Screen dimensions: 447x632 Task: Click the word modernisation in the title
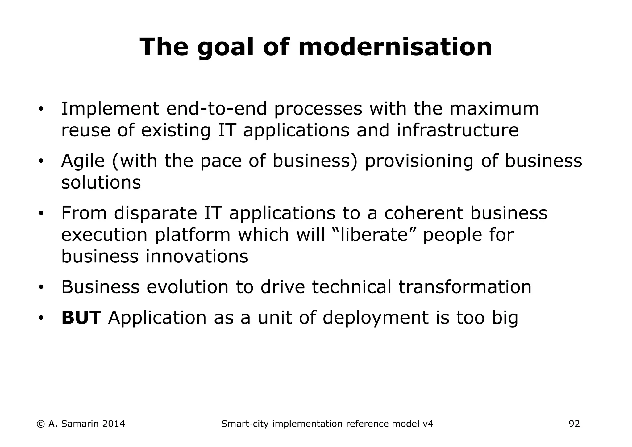(x=395, y=47)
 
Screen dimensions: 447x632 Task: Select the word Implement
(x=110, y=109)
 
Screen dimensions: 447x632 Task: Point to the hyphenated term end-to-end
(x=216, y=109)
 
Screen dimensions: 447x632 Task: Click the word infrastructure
(x=457, y=130)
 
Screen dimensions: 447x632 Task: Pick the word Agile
(x=83, y=161)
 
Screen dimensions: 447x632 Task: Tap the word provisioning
(x=419, y=161)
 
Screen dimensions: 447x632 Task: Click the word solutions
(x=101, y=182)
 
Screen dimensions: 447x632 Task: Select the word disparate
(x=155, y=213)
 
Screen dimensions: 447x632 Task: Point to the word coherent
(x=423, y=213)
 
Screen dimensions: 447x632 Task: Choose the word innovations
(x=197, y=256)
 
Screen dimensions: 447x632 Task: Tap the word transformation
(x=465, y=287)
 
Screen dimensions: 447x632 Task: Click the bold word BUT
(x=81, y=318)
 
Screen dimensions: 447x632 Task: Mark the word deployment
(x=376, y=318)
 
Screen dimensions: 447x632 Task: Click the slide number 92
(x=574, y=424)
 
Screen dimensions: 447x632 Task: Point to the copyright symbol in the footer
(x=40, y=424)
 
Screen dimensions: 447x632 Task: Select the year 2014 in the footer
(x=113, y=424)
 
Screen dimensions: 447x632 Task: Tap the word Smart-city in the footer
(x=245, y=424)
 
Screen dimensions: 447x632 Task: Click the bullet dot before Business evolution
(x=41, y=288)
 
